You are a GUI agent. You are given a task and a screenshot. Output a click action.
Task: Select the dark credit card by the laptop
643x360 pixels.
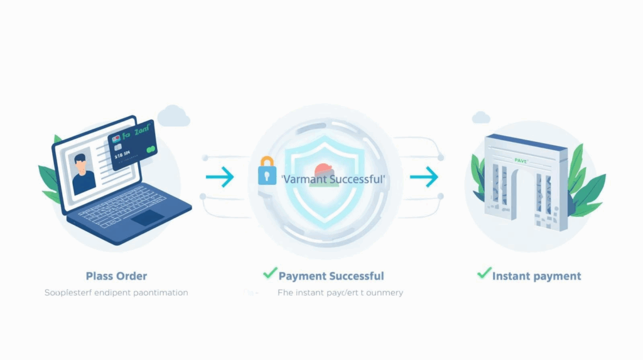pos(132,145)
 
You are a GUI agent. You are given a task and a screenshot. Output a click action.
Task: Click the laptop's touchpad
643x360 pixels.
pos(148,217)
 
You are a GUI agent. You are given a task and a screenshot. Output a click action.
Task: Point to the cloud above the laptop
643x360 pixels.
pos(173,116)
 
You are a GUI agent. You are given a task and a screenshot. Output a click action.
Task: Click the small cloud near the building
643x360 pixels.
pos(481,117)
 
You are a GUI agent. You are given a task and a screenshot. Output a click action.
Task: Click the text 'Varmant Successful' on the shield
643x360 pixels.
pos(333,180)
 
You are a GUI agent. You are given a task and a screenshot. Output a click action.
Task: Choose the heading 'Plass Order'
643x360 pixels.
pos(116,276)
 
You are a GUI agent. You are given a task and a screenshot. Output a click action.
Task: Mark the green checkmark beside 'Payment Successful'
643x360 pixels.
pos(270,273)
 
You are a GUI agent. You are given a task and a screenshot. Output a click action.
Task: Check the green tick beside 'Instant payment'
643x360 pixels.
pos(484,273)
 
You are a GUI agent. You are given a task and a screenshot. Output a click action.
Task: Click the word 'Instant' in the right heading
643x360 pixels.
pos(514,276)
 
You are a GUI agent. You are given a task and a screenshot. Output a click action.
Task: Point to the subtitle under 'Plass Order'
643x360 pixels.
pos(116,293)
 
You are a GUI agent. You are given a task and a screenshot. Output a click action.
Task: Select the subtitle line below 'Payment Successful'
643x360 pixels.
pos(340,293)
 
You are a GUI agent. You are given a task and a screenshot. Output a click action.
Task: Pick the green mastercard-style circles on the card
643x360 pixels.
pos(150,150)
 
